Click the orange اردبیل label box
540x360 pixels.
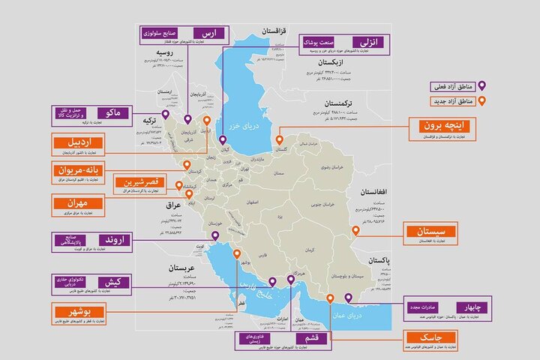coord(80,142)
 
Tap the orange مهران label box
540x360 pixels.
coord(79,203)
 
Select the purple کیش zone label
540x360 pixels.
coord(118,282)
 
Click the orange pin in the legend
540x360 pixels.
coord(482,100)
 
